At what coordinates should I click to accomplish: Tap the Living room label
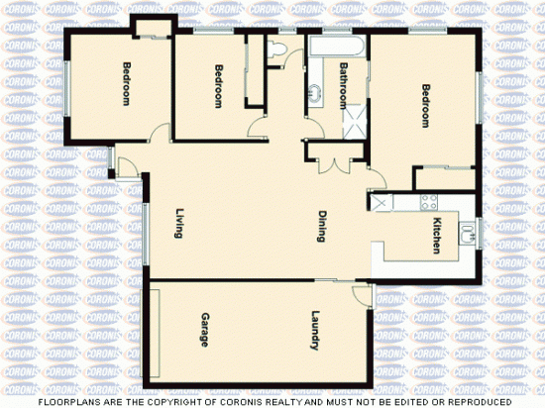point(179,225)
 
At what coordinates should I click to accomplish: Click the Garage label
point(205,330)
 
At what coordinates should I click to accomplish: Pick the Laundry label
point(313,331)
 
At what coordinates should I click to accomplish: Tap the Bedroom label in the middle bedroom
point(219,85)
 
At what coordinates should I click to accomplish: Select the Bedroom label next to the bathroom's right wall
point(425,106)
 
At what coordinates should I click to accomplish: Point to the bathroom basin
point(314,95)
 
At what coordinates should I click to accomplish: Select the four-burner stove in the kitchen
point(429,202)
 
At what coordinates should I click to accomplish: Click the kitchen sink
point(466,235)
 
